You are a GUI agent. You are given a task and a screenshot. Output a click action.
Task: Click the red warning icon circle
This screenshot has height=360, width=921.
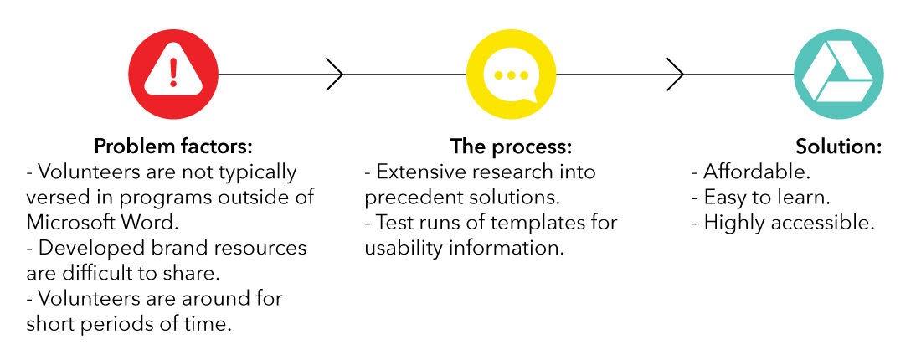coord(172,74)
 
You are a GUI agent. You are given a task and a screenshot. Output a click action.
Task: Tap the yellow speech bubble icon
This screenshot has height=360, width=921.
coord(511,74)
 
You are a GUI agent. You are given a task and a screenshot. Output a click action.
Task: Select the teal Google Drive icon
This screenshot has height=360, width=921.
coord(838,74)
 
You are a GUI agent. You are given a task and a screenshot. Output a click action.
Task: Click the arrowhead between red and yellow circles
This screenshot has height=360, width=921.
coord(334,74)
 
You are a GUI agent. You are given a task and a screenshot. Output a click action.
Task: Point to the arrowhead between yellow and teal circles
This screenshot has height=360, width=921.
coord(675,74)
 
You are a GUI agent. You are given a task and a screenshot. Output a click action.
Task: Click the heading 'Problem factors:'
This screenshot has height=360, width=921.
coord(173,147)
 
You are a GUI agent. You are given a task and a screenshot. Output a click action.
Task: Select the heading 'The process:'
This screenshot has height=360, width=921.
coord(511,147)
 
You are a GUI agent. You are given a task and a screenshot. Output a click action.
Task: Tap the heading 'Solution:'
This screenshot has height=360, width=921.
coord(839,147)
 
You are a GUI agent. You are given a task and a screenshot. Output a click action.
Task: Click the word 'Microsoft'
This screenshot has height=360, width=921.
coord(70,223)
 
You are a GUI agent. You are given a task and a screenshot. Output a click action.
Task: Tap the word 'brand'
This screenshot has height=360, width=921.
coord(171,248)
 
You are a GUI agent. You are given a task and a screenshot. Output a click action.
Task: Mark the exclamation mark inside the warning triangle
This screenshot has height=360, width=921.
coord(172,72)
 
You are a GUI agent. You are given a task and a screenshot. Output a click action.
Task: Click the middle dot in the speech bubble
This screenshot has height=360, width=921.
coord(510,75)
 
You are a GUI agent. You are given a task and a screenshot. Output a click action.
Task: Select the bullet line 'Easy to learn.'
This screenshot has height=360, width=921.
coord(760,198)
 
